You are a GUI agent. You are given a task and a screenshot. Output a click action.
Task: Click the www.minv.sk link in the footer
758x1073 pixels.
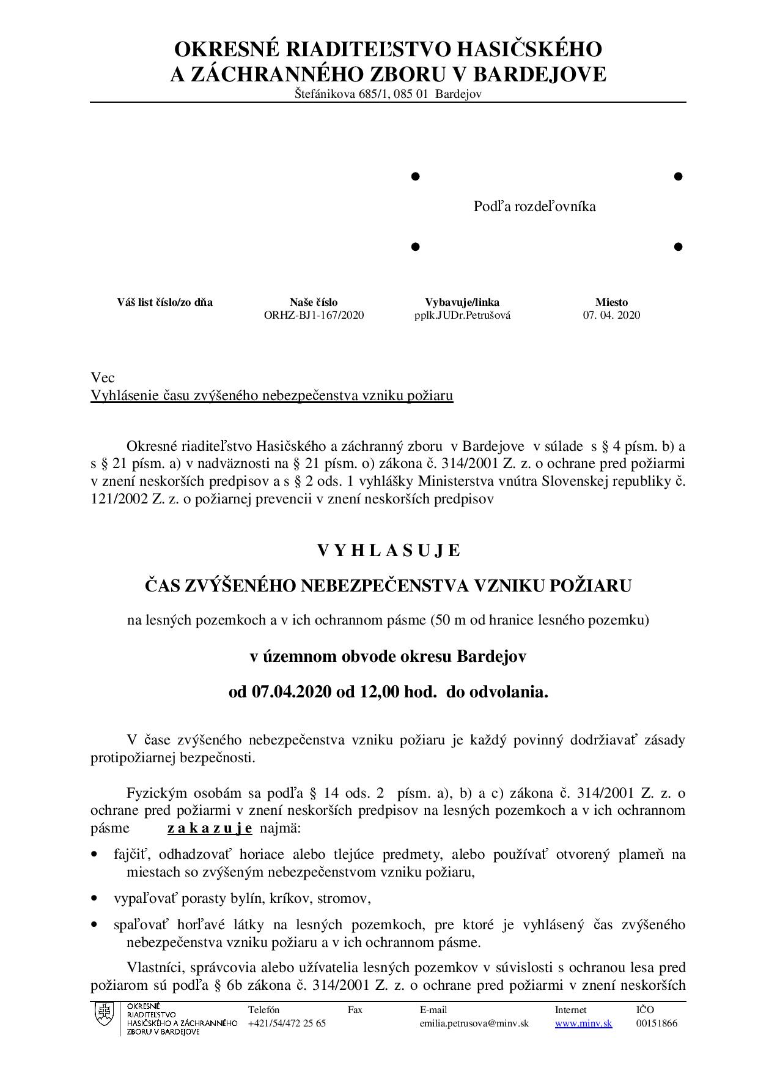[x=583, y=1023]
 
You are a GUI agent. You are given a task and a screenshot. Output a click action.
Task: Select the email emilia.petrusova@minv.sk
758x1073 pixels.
[x=474, y=1023]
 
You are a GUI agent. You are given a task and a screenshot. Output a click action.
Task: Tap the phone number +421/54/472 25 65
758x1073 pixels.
[x=287, y=1023]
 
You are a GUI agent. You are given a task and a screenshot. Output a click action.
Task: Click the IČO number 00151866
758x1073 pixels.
[x=657, y=1023]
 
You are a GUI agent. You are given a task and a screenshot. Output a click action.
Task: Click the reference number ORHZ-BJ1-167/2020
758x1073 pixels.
[x=314, y=316]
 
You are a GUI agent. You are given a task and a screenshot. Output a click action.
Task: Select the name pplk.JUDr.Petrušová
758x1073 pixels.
[x=462, y=316]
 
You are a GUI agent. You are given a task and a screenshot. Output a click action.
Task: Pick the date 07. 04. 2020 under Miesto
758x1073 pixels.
[x=611, y=316]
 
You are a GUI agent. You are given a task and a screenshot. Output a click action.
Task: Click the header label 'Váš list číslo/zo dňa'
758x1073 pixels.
[x=165, y=302]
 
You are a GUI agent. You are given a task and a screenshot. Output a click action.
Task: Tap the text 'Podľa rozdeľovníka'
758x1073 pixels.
[x=534, y=207]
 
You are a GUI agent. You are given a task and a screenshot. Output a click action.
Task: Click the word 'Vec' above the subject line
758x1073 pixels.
[x=103, y=377]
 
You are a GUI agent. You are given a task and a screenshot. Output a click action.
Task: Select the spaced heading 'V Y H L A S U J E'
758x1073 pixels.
[x=388, y=551]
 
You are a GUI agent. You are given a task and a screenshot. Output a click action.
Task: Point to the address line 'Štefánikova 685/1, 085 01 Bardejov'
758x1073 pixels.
[x=388, y=94]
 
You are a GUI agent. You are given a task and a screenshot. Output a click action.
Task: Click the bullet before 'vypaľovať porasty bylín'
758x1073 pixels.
[x=94, y=899]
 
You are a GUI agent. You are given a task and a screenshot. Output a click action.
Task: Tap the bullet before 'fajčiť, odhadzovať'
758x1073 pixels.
[x=94, y=855]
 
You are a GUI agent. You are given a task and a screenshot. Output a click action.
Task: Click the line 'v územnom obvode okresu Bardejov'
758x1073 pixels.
[x=388, y=656]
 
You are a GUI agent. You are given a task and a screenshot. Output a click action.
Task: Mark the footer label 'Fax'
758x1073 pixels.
[x=355, y=1010]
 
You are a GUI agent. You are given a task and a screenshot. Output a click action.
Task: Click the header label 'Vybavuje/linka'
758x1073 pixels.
[x=462, y=302]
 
